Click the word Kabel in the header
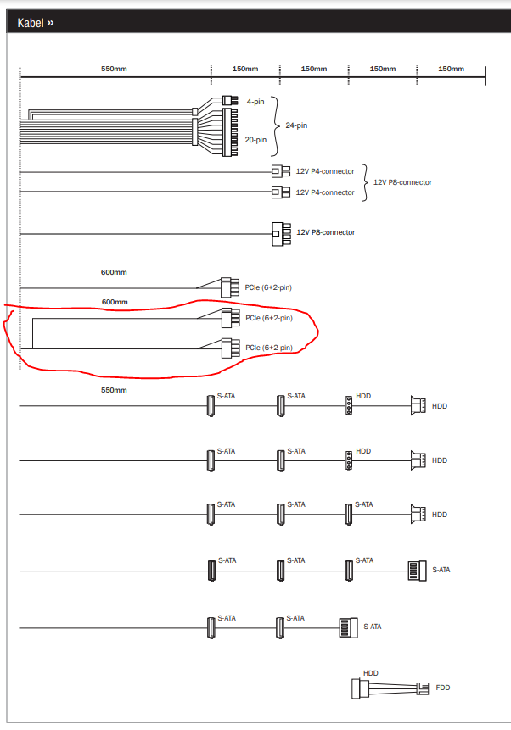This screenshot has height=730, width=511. coord(31,23)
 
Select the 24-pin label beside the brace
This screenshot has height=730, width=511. coord(296,125)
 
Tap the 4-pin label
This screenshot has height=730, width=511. coord(255,102)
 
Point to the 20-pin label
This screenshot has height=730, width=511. coord(255,140)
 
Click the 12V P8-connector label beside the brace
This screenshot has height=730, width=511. coord(402,182)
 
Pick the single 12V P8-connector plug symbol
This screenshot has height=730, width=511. coord(276,232)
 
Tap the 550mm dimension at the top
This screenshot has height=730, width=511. coord(114,69)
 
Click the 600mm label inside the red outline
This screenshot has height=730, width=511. coord(115,302)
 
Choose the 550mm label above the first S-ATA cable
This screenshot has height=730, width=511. coord(114,390)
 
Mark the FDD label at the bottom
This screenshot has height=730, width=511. coord(442,688)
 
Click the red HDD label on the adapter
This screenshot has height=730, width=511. coord(370,673)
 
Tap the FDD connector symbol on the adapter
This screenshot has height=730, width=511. coord(422,688)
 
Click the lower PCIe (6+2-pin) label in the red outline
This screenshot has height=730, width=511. coord(268,348)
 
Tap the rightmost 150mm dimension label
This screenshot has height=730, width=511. coord(451,69)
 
